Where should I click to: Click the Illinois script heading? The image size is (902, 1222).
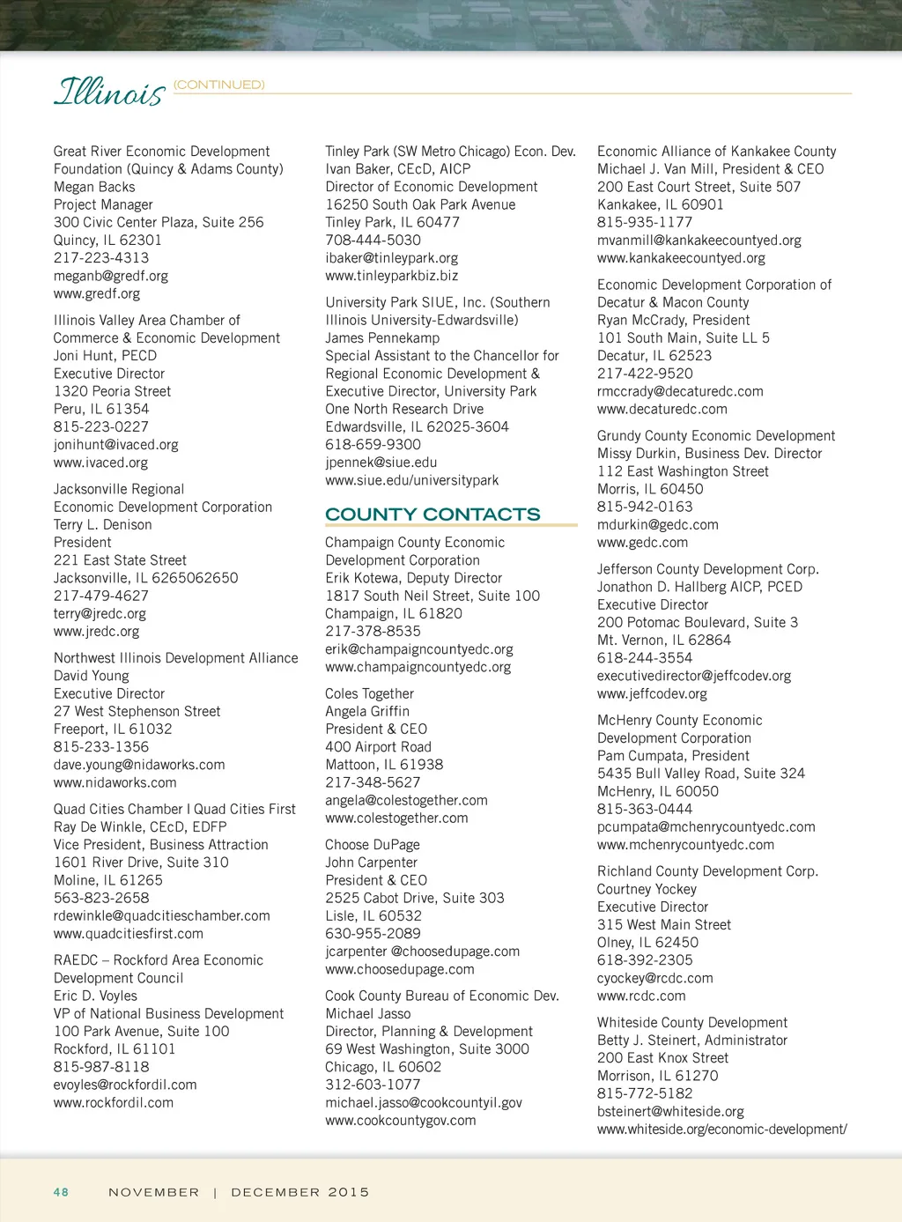click(109, 92)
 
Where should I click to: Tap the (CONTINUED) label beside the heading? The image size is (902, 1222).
click(218, 85)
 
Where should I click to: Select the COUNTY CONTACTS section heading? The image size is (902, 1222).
click(433, 515)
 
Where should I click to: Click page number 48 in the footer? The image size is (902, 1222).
click(61, 1192)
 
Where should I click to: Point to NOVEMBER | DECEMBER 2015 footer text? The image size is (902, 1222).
click(239, 1192)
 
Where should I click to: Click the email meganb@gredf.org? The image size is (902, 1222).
click(110, 276)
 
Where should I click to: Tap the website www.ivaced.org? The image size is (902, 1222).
click(100, 463)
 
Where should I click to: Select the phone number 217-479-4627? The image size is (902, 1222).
click(100, 596)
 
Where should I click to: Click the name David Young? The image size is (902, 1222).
click(91, 676)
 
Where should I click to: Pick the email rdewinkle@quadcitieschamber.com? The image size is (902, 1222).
click(161, 915)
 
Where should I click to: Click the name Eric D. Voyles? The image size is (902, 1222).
click(95, 996)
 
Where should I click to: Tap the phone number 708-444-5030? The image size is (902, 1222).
click(373, 240)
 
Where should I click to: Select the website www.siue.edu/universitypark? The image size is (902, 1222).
click(411, 480)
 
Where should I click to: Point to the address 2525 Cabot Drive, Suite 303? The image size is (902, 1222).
click(414, 898)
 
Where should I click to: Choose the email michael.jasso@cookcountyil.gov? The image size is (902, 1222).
click(423, 1102)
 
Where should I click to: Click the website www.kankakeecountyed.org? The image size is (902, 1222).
click(681, 258)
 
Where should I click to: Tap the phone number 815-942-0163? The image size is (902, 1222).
click(645, 507)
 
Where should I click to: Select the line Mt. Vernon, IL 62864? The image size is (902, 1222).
click(663, 640)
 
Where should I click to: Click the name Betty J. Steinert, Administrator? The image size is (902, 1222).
click(691, 1040)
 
